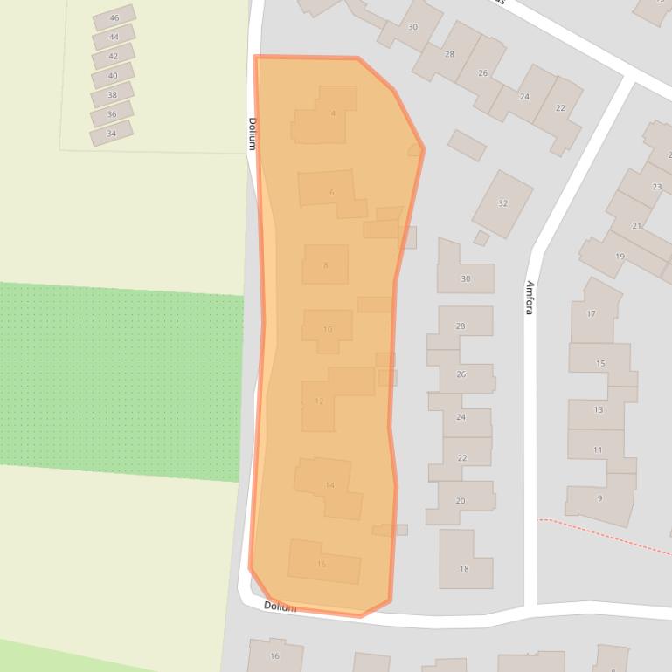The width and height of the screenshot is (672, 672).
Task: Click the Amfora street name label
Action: coord(530,298)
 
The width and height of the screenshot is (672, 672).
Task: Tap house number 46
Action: coord(114,18)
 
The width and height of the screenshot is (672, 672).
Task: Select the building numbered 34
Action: coord(111,134)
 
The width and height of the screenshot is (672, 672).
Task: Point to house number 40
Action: coord(113,76)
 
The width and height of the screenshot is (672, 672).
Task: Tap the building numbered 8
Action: coord(326,264)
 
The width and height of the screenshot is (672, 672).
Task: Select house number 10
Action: coord(328,329)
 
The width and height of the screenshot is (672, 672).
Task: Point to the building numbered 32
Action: coord(502,203)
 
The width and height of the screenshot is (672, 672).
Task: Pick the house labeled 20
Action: coord(461,501)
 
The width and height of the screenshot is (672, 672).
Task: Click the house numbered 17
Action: coord(592,313)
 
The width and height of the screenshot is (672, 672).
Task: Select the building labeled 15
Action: coord(600,363)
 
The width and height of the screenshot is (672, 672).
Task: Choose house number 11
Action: coord(598,449)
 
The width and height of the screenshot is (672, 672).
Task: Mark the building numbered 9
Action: coord(599,498)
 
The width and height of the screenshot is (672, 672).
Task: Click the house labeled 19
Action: coord(620,257)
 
